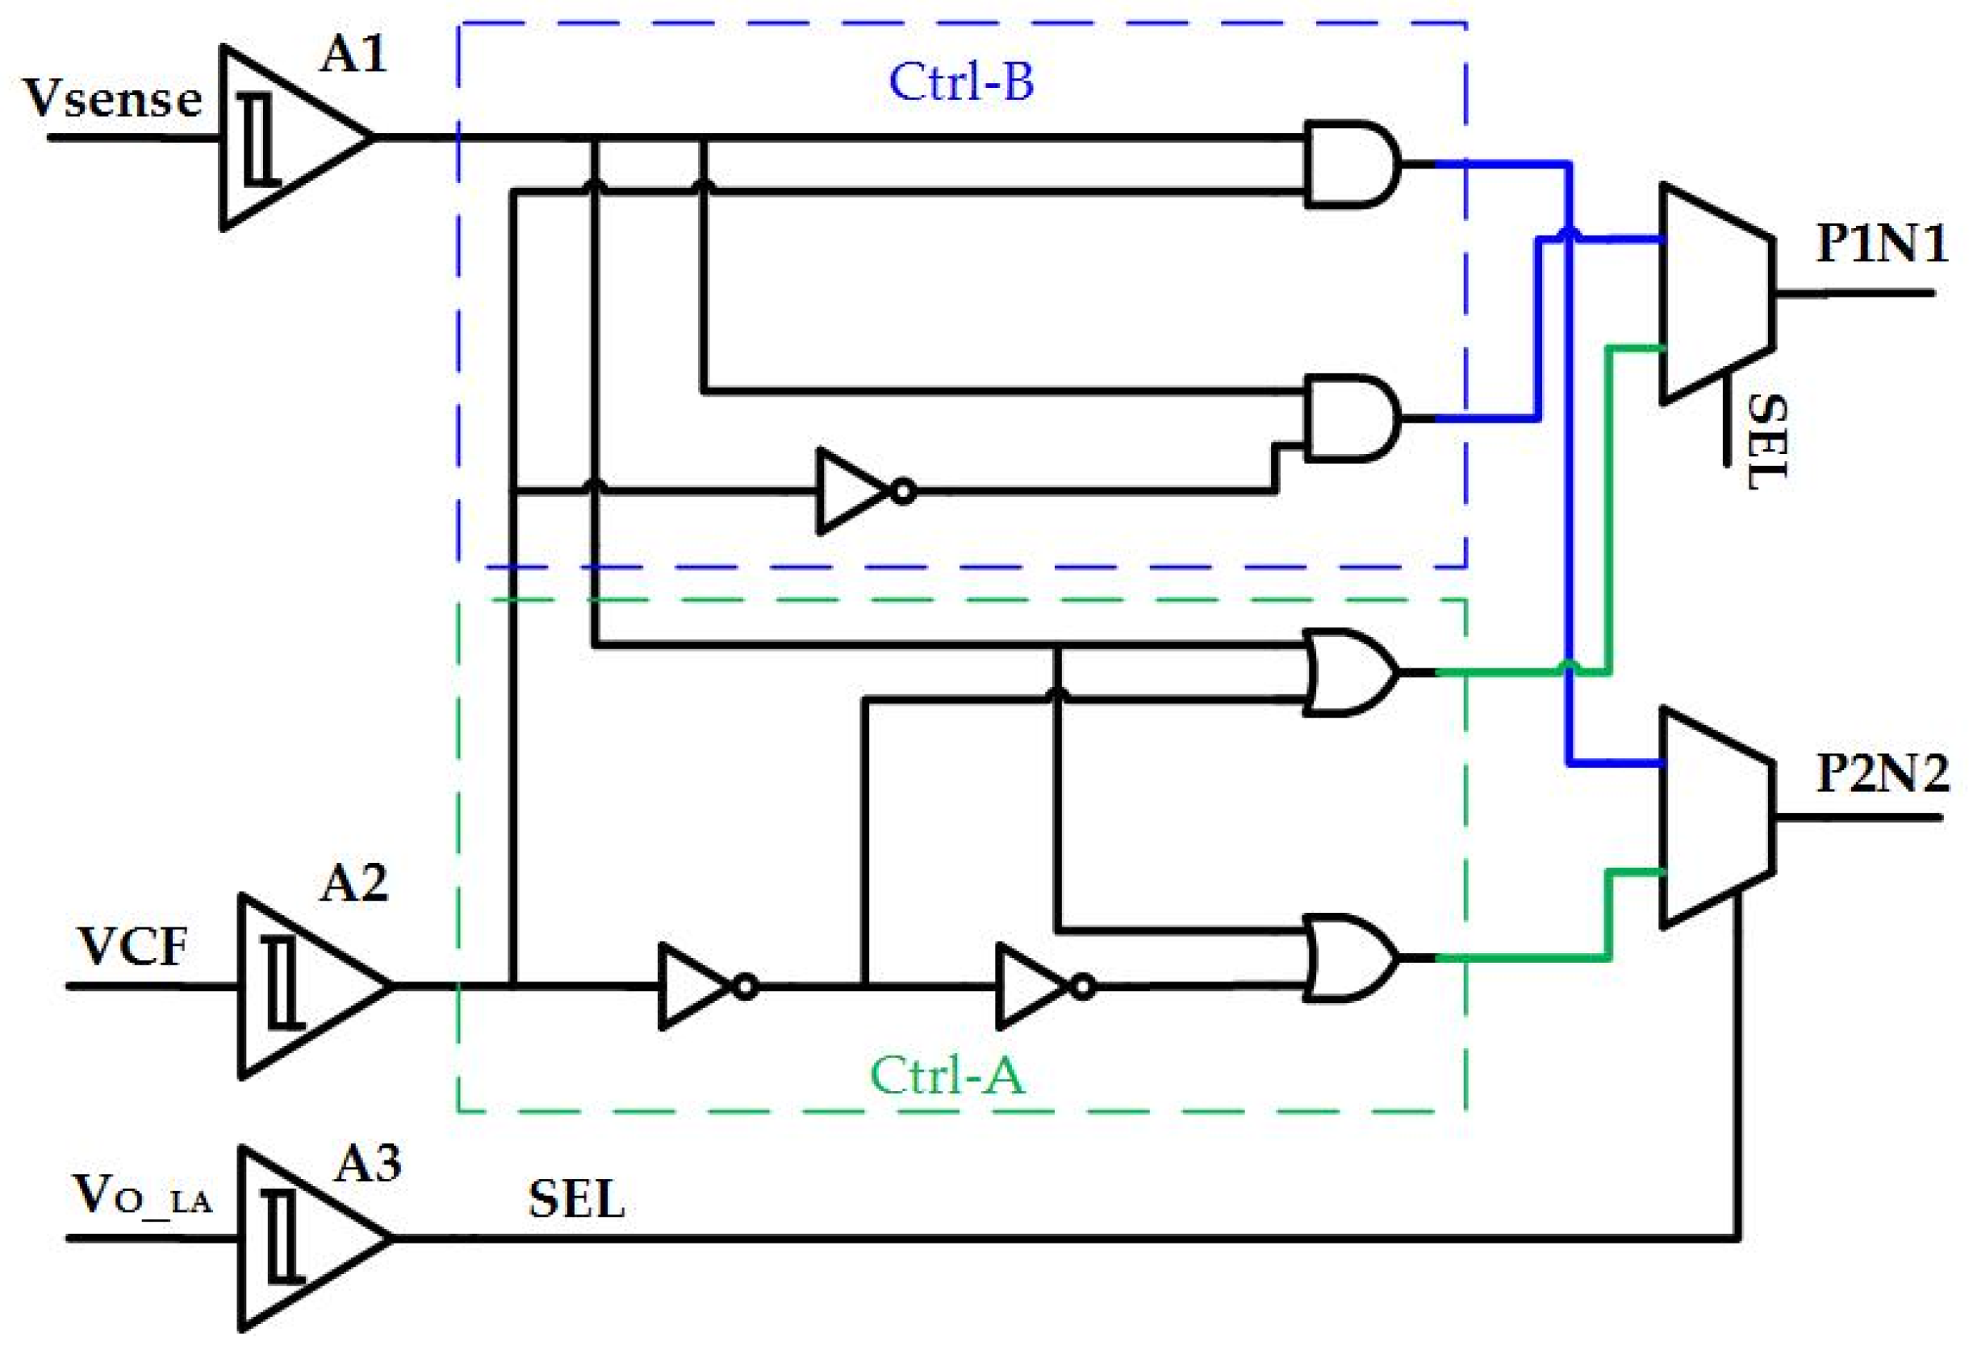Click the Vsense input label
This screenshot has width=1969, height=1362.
pyautogui.click(x=112, y=99)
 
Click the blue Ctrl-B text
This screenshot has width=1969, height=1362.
pyautogui.click(x=960, y=82)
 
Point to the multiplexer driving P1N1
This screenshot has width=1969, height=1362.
pyautogui.click(x=1715, y=293)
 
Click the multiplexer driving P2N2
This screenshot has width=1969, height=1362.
pyautogui.click(x=1715, y=818)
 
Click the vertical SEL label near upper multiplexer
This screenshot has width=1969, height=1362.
pyautogui.click(x=1764, y=441)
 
